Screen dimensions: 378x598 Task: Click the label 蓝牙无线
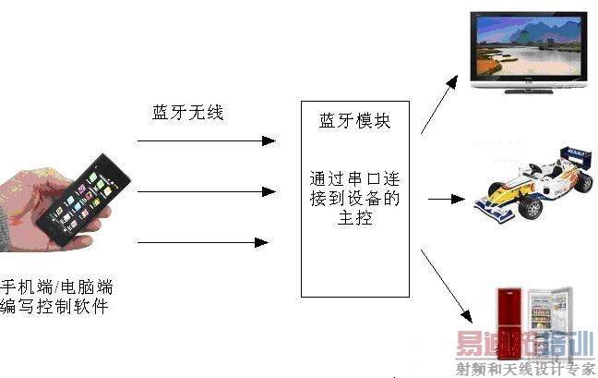click(x=188, y=113)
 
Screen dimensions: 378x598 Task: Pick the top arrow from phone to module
click(x=206, y=141)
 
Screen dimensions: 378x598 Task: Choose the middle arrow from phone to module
click(x=206, y=192)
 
